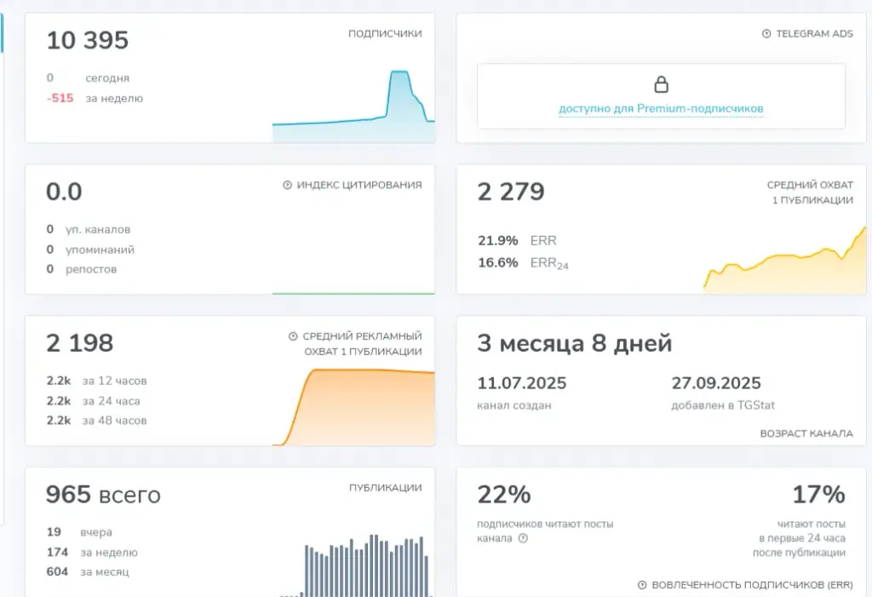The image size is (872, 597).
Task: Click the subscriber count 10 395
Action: pos(88,41)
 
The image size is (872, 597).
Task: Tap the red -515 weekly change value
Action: pos(60,99)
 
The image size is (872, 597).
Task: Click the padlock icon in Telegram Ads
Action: pos(661,84)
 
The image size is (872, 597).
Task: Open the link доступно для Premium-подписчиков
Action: pos(661,108)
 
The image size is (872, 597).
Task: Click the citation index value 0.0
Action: pos(64,192)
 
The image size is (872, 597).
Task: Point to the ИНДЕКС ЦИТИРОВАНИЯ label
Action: pos(359,185)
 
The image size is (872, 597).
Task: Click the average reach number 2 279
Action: pos(511,192)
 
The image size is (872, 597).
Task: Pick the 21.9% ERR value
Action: pos(497,240)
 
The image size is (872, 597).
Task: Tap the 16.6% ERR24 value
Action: pos(497,262)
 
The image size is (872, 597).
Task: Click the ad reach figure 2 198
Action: pos(79,343)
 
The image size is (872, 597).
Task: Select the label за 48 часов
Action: pos(115,421)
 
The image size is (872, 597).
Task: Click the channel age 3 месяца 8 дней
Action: pos(575,343)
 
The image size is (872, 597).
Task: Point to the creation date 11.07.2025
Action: pos(522,383)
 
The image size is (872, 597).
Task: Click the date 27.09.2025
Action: pos(715,383)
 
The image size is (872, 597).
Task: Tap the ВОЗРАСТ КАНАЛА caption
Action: pos(806,433)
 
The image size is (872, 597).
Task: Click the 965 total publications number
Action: pos(68,495)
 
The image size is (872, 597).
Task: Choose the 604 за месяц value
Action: pos(57,572)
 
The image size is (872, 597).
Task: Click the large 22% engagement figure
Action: pos(504,495)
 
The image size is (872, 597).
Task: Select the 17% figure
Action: pos(818,495)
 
